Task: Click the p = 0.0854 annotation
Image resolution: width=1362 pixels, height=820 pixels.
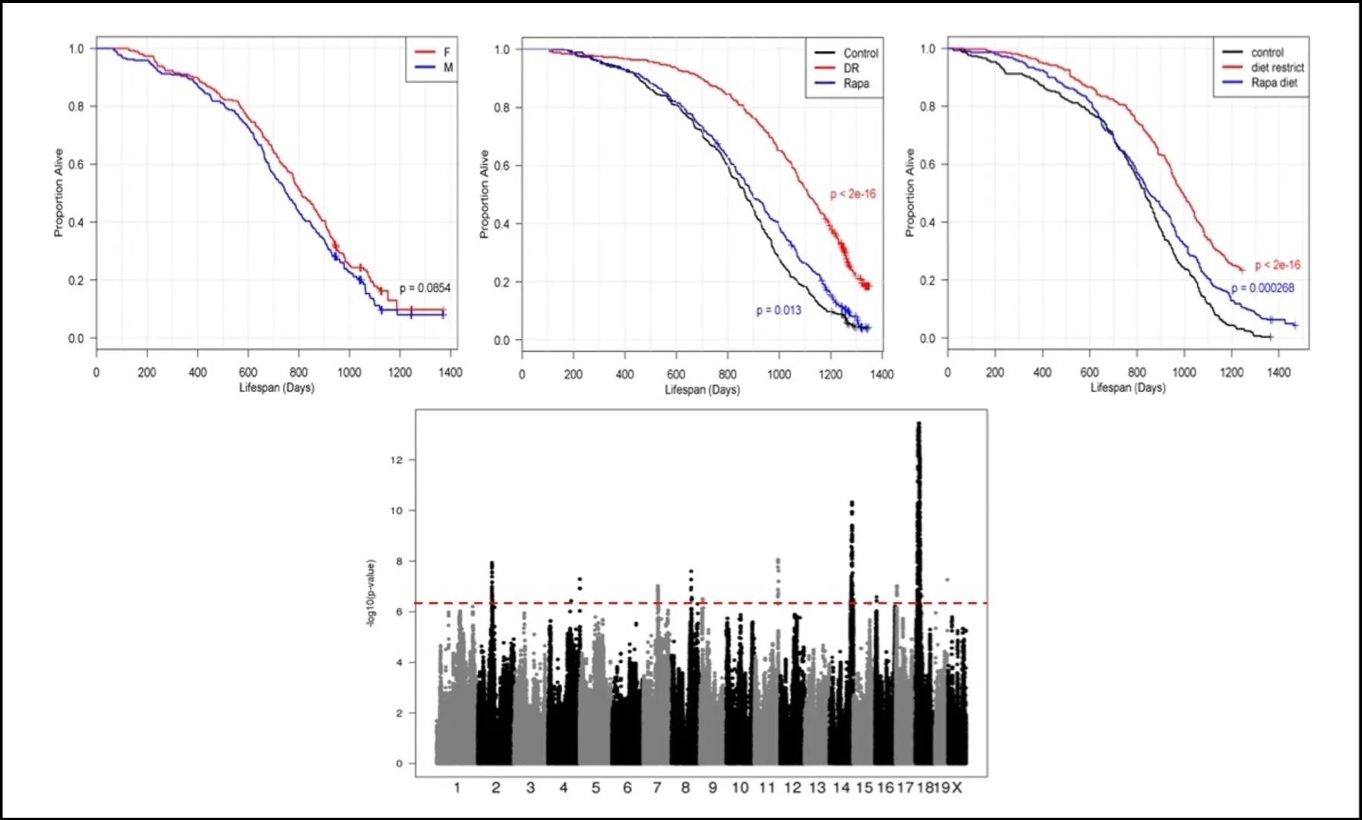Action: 425,288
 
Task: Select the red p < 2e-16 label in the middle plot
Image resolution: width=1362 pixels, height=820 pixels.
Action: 852,194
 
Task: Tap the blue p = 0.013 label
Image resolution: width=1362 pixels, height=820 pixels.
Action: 779,310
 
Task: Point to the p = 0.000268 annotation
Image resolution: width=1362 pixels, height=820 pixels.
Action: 1262,288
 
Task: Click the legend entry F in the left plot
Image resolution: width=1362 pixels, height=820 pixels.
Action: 447,52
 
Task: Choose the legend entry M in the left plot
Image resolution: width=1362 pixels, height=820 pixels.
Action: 447,68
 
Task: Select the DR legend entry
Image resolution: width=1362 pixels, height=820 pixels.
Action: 851,68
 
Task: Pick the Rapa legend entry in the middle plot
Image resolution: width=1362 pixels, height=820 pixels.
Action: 856,84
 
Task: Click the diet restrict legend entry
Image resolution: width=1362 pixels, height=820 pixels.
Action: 1277,68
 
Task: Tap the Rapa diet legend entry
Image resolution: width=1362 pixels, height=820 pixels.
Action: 1274,83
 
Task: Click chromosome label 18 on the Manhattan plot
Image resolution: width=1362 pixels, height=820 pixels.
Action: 924,788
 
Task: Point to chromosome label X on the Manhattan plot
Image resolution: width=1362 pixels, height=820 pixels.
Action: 957,788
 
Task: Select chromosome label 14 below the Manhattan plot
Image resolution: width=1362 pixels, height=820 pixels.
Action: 841,788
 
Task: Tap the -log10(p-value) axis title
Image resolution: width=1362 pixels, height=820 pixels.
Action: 371,594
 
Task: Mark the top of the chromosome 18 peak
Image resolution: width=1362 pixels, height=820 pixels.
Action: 918,424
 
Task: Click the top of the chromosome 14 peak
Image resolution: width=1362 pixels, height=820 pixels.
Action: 852,503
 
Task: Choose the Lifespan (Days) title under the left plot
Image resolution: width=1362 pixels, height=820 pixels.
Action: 277,388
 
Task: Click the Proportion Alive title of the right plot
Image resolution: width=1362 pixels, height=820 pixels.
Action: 909,193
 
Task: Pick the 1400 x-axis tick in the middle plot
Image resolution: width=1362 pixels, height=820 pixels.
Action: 881,374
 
